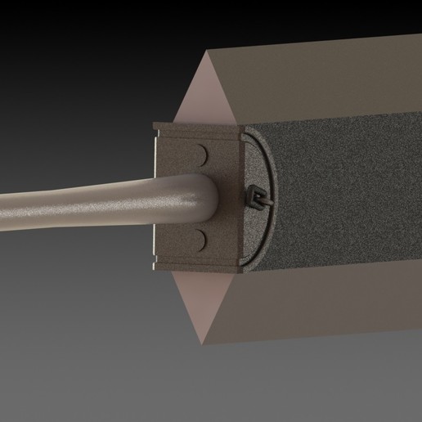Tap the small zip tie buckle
coord(255,197)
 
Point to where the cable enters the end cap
coord(214,196)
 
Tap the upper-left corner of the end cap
coord(155,123)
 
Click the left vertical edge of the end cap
coord(155,196)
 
